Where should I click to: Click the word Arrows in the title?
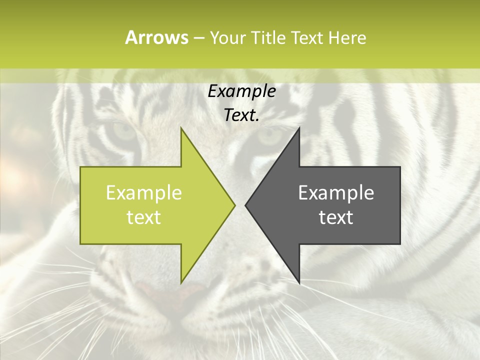click(x=156, y=37)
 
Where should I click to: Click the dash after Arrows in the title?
click(x=198, y=38)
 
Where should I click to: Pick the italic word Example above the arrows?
click(x=241, y=91)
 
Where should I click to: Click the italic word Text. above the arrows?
click(x=241, y=115)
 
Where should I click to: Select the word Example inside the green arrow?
click(x=144, y=193)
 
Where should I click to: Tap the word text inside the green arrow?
click(x=144, y=217)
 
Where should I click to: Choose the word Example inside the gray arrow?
click(x=336, y=193)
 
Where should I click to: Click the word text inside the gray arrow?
click(x=336, y=217)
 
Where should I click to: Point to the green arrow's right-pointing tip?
click(x=234, y=205)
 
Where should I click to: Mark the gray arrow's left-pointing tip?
click(x=246, y=205)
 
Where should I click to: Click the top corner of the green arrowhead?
click(x=181, y=128)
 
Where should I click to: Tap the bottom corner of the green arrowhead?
click(x=181, y=282)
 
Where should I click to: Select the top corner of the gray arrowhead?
click(x=299, y=128)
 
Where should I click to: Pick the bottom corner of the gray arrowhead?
click(x=299, y=282)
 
